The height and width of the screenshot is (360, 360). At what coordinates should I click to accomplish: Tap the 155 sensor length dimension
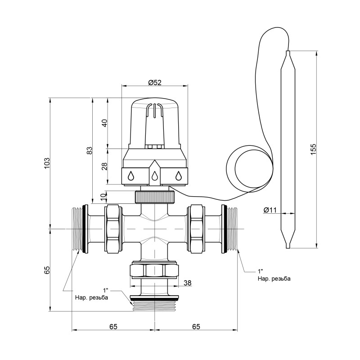coord(313,149)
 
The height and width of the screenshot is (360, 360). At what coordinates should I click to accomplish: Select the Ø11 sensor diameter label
coord(270,210)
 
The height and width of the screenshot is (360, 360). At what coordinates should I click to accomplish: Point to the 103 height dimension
coord(46,163)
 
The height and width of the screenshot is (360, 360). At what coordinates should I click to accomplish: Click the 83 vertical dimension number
coord(89,150)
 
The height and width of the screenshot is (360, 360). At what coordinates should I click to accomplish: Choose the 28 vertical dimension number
coord(104,166)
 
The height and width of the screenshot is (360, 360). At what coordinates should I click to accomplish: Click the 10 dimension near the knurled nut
coord(104,196)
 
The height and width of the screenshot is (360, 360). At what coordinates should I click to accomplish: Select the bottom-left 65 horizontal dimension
coord(113,327)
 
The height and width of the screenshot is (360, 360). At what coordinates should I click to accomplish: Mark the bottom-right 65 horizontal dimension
coord(196,327)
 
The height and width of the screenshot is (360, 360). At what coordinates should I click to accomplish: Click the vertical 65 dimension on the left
coord(46,270)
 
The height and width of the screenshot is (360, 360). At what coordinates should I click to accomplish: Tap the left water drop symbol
coord(131,176)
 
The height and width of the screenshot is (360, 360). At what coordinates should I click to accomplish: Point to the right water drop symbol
coord(179,176)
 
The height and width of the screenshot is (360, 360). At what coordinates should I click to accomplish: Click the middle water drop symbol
coord(154,176)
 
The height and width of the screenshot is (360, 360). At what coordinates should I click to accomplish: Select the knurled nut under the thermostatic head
coord(154,197)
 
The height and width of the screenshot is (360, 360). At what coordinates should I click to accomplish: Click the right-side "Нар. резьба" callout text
coord(274,279)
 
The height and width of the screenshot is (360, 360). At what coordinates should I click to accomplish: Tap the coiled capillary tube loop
coord(249,167)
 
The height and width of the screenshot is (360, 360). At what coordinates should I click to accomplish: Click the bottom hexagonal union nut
coord(154,270)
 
